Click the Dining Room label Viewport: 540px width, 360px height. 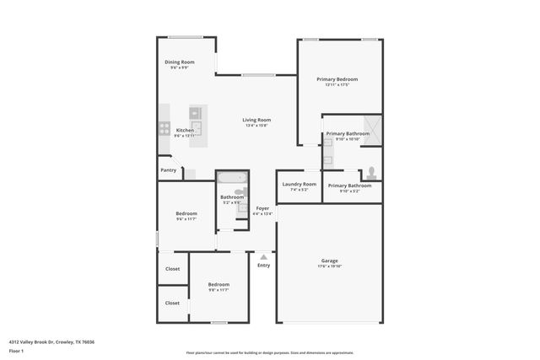[180, 62]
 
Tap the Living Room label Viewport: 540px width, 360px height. [256, 120]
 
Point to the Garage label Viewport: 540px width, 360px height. [329, 261]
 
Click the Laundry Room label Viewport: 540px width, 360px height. [300, 184]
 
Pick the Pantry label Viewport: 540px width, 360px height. [169, 170]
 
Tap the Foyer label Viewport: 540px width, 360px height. [262, 207]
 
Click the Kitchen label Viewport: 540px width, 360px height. [185, 130]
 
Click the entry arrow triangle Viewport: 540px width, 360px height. [263, 256]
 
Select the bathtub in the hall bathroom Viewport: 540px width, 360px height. [231, 178]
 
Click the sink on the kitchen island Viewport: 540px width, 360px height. [195, 112]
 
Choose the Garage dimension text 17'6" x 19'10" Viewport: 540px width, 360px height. [330, 266]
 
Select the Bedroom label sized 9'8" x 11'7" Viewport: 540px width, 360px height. [219, 285]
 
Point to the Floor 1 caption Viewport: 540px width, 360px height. [16, 350]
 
